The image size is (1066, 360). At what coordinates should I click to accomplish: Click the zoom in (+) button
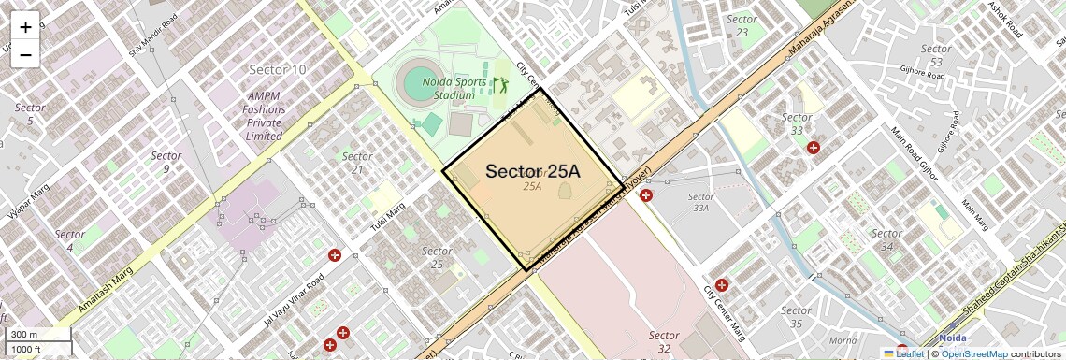pyautogui.click(x=25, y=26)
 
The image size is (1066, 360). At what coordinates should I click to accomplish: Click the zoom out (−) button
pyautogui.click(x=25, y=54)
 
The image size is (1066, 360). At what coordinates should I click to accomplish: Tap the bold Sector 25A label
pyautogui.click(x=532, y=171)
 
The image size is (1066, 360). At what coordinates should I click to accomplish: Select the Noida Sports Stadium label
pyautogui.click(x=454, y=88)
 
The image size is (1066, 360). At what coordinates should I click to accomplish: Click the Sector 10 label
pyautogui.click(x=277, y=69)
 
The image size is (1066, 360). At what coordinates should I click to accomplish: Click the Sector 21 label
pyautogui.click(x=357, y=163)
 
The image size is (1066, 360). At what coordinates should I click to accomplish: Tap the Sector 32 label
pyautogui.click(x=663, y=342)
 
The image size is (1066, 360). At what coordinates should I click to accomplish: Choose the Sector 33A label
pyautogui.click(x=700, y=202)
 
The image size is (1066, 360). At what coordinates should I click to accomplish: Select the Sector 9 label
pyautogui.click(x=166, y=162)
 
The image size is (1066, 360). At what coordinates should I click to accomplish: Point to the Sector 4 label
pyautogui.click(x=69, y=240)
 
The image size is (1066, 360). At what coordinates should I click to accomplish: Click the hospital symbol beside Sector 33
pyautogui.click(x=814, y=148)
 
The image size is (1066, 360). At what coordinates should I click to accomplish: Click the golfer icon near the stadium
pyautogui.click(x=499, y=86)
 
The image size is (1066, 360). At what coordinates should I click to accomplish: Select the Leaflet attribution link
pyautogui.click(x=903, y=353)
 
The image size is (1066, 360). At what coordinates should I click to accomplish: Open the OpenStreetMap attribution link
pyautogui.click(x=973, y=353)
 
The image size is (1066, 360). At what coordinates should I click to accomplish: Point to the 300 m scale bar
pyautogui.click(x=37, y=335)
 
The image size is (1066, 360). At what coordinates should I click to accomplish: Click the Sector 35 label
pyautogui.click(x=796, y=317)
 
